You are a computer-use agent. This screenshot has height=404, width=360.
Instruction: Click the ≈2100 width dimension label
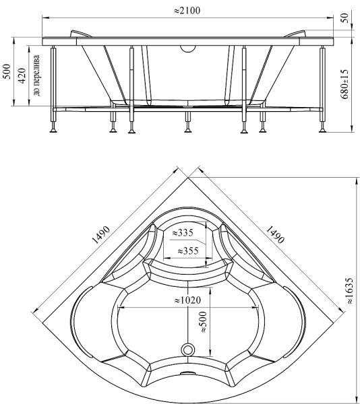[187, 11]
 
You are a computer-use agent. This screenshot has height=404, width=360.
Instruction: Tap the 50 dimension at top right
[345, 18]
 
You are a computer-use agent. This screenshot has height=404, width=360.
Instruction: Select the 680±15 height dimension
[344, 84]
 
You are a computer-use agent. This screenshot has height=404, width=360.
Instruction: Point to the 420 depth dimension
[22, 75]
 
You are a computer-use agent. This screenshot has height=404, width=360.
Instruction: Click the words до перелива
[36, 75]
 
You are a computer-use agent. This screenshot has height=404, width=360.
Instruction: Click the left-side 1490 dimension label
[101, 235]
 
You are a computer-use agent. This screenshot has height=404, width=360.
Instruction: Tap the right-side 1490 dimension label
[275, 234]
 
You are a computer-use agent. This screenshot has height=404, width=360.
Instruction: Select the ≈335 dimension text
[182, 233]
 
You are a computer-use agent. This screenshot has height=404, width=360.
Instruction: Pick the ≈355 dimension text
[188, 250]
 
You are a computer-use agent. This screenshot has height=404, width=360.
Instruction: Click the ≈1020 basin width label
[187, 300]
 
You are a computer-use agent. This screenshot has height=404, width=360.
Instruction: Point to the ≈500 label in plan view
[204, 322]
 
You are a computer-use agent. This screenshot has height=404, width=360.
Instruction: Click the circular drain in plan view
[188, 350]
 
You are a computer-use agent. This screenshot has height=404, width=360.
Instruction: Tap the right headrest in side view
[295, 34]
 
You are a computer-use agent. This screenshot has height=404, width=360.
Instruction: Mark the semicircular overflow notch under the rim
[188, 48]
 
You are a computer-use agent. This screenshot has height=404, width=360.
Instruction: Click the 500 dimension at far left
[7, 71]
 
